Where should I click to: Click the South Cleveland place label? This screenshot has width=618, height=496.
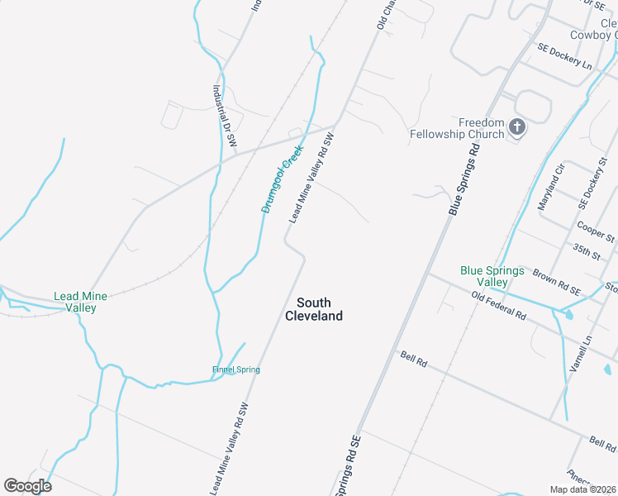pos(313,309)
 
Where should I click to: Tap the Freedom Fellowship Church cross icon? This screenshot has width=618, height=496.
pos(517,126)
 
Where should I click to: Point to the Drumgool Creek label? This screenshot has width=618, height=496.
pos(283,179)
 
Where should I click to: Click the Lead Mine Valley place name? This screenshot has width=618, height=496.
pos(75,302)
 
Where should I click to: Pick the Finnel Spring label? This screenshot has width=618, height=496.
pos(235,370)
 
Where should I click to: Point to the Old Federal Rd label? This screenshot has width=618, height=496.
pos(499,306)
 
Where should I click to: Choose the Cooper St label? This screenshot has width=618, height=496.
pos(597,231)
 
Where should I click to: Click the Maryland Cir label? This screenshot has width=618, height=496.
pos(551,187)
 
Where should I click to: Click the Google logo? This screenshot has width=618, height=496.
pos(27,486)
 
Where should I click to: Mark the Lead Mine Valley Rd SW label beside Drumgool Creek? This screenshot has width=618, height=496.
pos(311,179)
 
